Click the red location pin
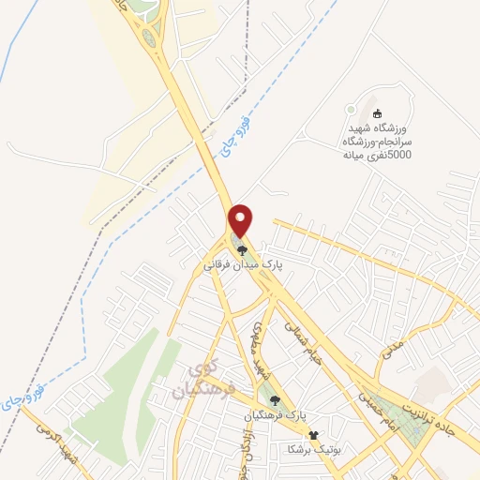(x=242, y=219)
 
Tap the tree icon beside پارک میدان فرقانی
(x=242, y=250)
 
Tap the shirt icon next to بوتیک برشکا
(x=314, y=435)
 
